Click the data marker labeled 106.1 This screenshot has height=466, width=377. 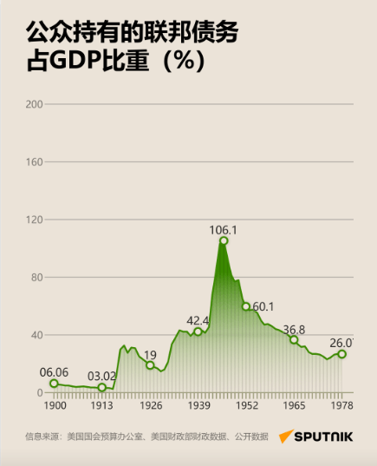[x=224, y=240]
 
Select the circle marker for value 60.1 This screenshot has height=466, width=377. [x=246, y=306]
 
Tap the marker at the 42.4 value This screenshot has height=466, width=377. [x=198, y=331]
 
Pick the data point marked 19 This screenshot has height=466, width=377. [x=150, y=365]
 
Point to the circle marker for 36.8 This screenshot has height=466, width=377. [x=294, y=339]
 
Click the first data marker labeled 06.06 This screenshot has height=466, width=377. [x=54, y=384]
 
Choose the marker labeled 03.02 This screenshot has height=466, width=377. [x=101, y=387]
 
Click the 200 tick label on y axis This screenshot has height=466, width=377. [x=34, y=104]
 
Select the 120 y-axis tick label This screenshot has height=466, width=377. [x=35, y=220]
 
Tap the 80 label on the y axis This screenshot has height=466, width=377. [x=37, y=278]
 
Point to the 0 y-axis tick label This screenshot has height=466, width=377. [x=40, y=392]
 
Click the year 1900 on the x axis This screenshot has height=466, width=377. [x=55, y=405]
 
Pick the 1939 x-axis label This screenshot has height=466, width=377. [x=198, y=405]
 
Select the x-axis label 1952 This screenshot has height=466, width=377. [x=247, y=405]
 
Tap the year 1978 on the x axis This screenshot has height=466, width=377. [x=342, y=405]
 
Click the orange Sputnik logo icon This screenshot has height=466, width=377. [x=286, y=436]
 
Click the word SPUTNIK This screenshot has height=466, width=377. [x=323, y=436]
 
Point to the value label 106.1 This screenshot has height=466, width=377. [x=224, y=230]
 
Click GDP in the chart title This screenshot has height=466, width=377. [x=75, y=61]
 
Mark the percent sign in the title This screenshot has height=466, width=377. [x=185, y=60]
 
